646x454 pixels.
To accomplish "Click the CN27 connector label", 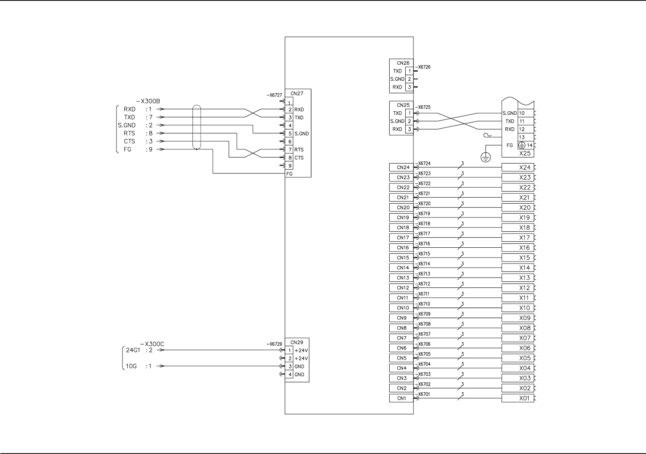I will point(297,94).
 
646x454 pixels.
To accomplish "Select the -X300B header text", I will point(148,101).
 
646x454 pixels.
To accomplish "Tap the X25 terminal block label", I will point(525,153).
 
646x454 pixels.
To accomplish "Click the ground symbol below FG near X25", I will point(486,158).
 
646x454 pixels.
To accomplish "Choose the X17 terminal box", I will point(518,238).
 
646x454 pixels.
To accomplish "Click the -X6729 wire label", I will point(274,344).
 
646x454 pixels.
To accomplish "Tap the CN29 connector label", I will point(297,342).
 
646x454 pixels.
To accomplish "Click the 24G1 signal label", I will point(133,350).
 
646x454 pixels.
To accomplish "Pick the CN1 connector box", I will point(402,398).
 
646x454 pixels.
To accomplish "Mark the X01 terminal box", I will point(518,398).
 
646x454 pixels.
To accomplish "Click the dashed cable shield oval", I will point(196,127).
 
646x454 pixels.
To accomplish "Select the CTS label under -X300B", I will point(129,142).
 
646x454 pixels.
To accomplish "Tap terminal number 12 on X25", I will point(522,129).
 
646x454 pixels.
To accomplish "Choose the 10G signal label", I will point(131,366).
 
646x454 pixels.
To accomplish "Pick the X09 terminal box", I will point(518,318).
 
